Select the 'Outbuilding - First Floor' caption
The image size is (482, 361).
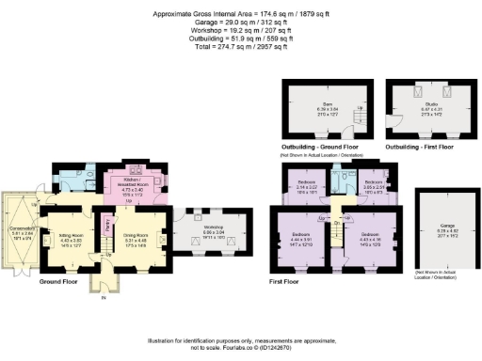pos(421,148)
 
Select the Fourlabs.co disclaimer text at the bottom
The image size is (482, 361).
pos(241,344)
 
